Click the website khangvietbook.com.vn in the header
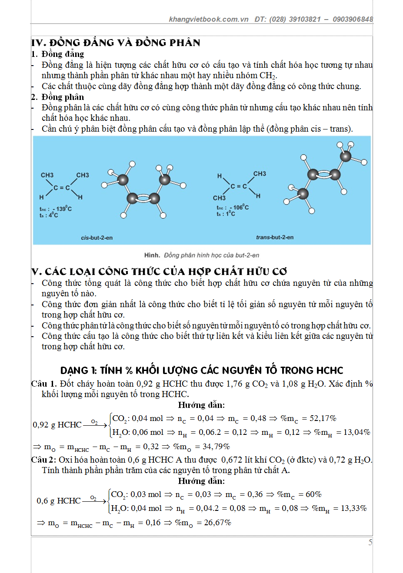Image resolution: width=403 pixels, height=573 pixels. click(x=208, y=19)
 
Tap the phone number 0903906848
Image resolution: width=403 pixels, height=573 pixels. click(x=353, y=19)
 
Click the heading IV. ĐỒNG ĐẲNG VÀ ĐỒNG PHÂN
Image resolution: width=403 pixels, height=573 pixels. click(x=116, y=43)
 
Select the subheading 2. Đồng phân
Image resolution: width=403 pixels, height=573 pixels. click(x=57, y=97)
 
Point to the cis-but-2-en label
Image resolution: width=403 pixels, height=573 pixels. click(x=97, y=238)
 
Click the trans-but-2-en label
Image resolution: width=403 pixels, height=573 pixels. click(x=274, y=237)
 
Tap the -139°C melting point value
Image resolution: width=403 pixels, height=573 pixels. click(x=63, y=209)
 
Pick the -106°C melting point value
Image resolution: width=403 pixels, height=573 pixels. click(x=240, y=207)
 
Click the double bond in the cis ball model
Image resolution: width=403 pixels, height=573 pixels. click(x=143, y=199)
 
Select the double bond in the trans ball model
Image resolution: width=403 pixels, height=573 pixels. click(x=324, y=175)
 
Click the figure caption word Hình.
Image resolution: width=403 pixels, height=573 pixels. click(x=152, y=255)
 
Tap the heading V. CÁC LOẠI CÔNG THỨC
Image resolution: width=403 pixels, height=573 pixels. click(x=159, y=272)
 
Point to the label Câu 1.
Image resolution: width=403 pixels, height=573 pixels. click(x=44, y=384)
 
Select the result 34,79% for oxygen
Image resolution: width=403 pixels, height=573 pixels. click(x=216, y=447)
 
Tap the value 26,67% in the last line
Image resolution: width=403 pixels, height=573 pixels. click(x=217, y=523)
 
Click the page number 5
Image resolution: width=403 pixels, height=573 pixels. click(x=370, y=542)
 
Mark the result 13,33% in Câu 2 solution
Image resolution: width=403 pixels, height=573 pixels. click(x=353, y=508)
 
